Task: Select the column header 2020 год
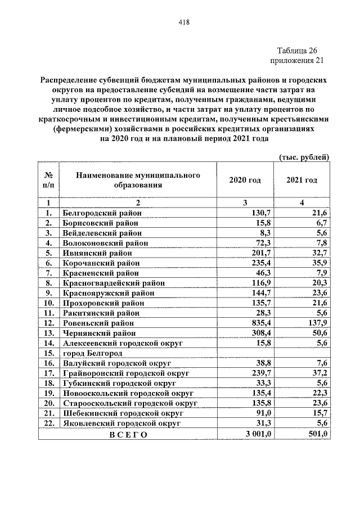point(245,180)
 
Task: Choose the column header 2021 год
point(301,180)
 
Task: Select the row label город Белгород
point(92,353)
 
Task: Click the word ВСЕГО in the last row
point(128,434)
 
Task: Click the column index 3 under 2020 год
point(245,202)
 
